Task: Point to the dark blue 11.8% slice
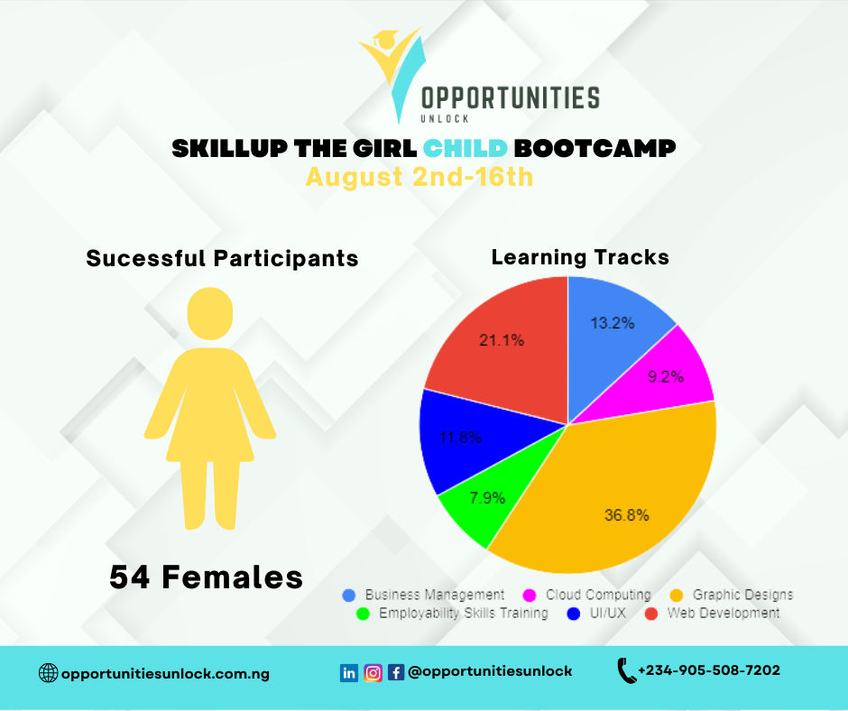[465, 439]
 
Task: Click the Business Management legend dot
[349, 596]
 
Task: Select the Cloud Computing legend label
[598, 595]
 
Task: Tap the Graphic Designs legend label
[742, 595]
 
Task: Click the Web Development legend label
[724, 613]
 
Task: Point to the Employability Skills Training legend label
[464, 613]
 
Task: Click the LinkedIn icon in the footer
[349, 672]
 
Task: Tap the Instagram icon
[373, 672]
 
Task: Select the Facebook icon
[396, 672]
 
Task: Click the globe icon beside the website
[48, 673]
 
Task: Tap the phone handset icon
[626, 670]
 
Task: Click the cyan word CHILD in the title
[465, 148]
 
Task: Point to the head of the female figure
[210, 313]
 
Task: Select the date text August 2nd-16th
[419, 177]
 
